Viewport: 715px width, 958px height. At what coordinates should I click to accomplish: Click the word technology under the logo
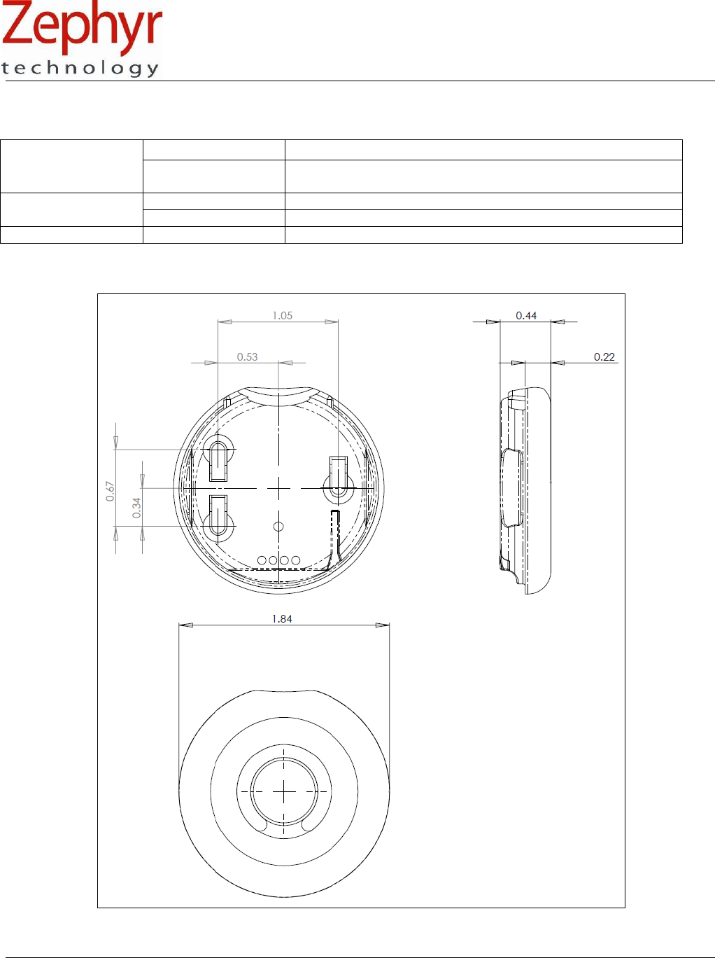pos(80,69)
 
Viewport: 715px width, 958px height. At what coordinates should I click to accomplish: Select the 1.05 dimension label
pos(283,316)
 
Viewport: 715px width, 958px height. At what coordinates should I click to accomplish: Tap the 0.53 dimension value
pos(247,357)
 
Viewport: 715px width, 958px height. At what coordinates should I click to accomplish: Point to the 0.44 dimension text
pos(526,316)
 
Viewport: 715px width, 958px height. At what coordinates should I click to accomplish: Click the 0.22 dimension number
pos(604,357)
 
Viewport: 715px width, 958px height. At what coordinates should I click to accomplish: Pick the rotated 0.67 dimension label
pos(110,491)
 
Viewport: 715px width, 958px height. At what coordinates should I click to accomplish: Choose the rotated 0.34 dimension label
pos(136,508)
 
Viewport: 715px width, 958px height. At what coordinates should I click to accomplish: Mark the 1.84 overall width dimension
pos(282,619)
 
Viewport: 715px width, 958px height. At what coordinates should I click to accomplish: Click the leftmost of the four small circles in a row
pos(262,560)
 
